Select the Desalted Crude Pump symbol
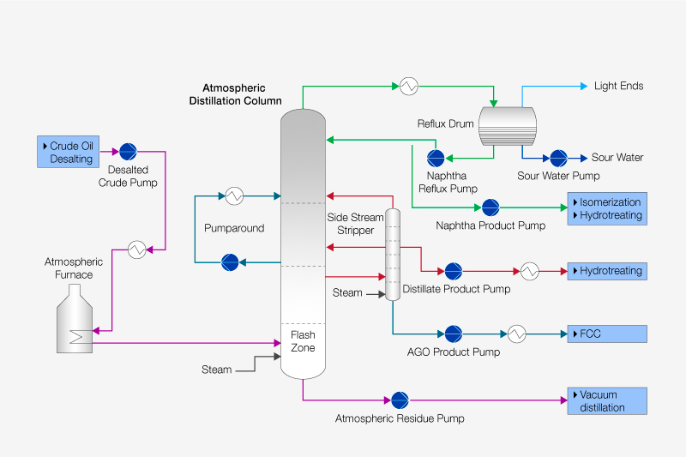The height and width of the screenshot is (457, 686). [x=128, y=152]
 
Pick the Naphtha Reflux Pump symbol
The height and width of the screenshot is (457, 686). [x=436, y=158]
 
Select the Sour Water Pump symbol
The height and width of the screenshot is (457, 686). [x=558, y=158]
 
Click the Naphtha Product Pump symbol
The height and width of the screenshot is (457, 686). [x=490, y=207]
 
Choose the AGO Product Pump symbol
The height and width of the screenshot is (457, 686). [x=453, y=334]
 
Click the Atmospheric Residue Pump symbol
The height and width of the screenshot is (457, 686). [x=400, y=400]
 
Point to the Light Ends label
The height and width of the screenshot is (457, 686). [x=618, y=86]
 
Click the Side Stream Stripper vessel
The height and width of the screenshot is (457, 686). [x=393, y=255]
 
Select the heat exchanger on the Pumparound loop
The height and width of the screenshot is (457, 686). [x=232, y=195]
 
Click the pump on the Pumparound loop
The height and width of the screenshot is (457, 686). [x=230, y=262]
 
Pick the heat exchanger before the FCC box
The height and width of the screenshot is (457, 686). [x=516, y=334]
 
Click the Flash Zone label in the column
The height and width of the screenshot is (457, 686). [x=303, y=341]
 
